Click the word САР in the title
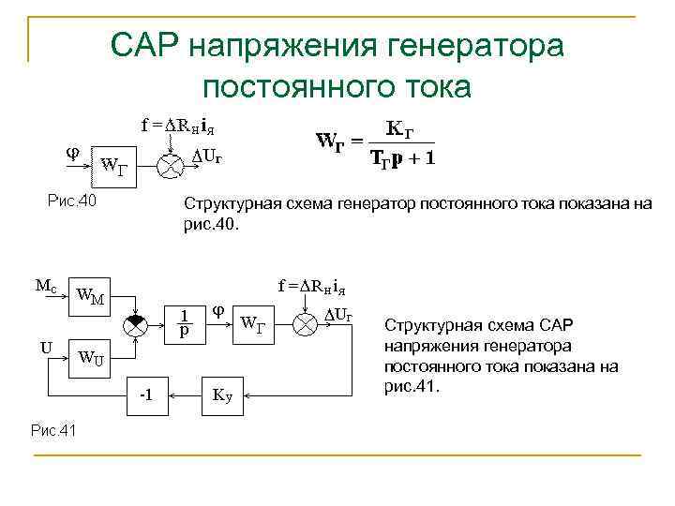[x=146, y=44]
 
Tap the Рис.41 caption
[x=53, y=429]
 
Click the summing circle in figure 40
[x=170, y=163]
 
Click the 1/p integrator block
[x=187, y=321]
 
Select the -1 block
[x=147, y=394]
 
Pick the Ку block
[x=222, y=394]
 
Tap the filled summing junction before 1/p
[x=137, y=321]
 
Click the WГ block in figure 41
[x=254, y=325]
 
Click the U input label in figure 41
[x=46, y=348]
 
